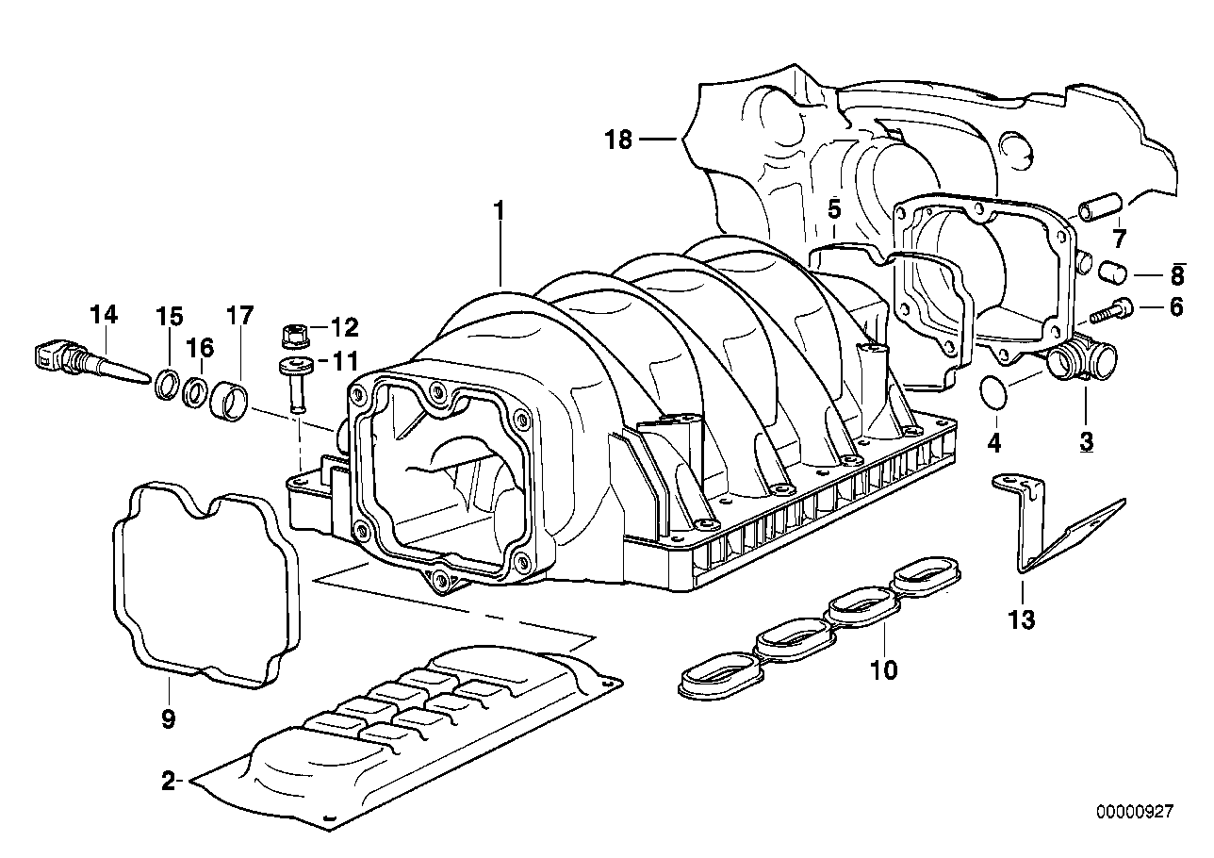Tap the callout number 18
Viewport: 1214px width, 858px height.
(617, 140)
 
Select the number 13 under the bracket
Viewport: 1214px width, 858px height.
(1022, 619)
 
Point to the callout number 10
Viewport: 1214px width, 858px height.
(884, 670)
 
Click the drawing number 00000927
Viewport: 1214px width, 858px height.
(1134, 810)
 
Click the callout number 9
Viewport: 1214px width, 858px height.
(168, 720)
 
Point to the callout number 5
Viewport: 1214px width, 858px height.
(834, 209)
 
